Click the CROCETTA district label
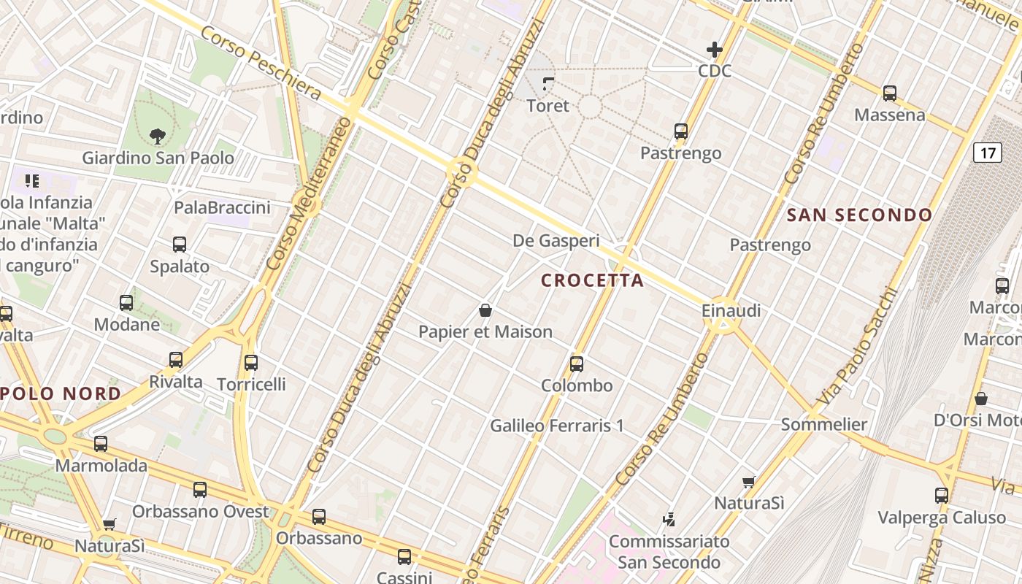592,280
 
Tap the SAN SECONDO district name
859,215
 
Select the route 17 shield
987,153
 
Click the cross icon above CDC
714,50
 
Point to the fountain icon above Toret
548,84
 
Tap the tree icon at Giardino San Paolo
157,135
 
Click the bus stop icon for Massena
889,93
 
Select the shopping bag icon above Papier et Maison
485,311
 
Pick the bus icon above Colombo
577,364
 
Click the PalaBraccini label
222,208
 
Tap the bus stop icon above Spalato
180,245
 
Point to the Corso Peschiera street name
261,64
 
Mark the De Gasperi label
556,240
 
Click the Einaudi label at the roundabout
731,311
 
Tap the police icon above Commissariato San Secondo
669,520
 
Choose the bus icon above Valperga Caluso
942,496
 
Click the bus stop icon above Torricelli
251,362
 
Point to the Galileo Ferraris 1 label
557,425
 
